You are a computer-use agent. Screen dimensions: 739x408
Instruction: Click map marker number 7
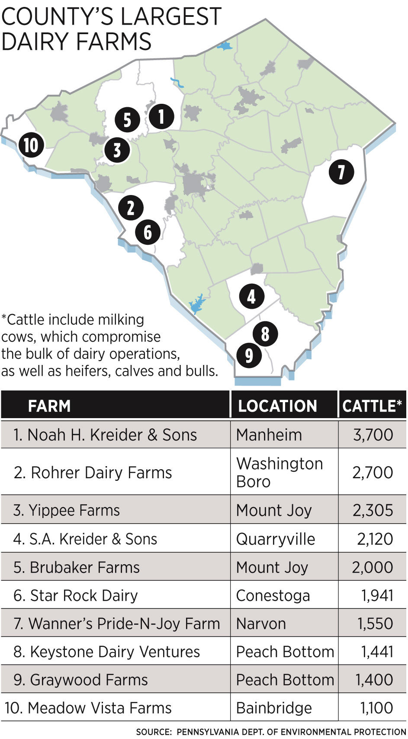pyautogui.click(x=341, y=172)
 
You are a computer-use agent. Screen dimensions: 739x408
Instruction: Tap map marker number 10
pyautogui.click(x=31, y=145)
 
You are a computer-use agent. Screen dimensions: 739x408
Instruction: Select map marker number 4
pyautogui.click(x=251, y=297)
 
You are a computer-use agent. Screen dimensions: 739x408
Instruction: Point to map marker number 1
pyautogui.click(x=161, y=116)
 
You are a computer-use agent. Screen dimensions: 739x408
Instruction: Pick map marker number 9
pyautogui.click(x=249, y=355)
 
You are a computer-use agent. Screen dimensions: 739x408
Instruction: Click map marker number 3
pyautogui.click(x=117, y=150)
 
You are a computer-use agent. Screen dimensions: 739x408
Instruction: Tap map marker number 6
pyautogui.click(x=148, y=232)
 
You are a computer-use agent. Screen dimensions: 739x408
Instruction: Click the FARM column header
pyautogui.click(x=49, y=406)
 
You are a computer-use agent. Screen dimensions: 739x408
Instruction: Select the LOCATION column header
pyautogui.click(x=277, y=406)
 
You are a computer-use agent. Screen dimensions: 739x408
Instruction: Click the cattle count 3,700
pyautogui.click(x=373, y=435)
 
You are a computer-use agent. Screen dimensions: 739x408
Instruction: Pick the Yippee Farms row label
pyautogui.click(x=67, y=510)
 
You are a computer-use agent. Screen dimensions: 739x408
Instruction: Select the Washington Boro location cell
pyautogui.click(x=279, y=472)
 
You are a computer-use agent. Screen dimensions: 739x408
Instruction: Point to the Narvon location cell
pyautogui.click(x=261, y=624)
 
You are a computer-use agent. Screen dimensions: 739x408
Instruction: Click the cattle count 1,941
pyautogui.click(x=377, y=595)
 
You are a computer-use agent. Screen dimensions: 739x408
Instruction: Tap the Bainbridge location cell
pyautogui.click(x=274, y=708)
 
